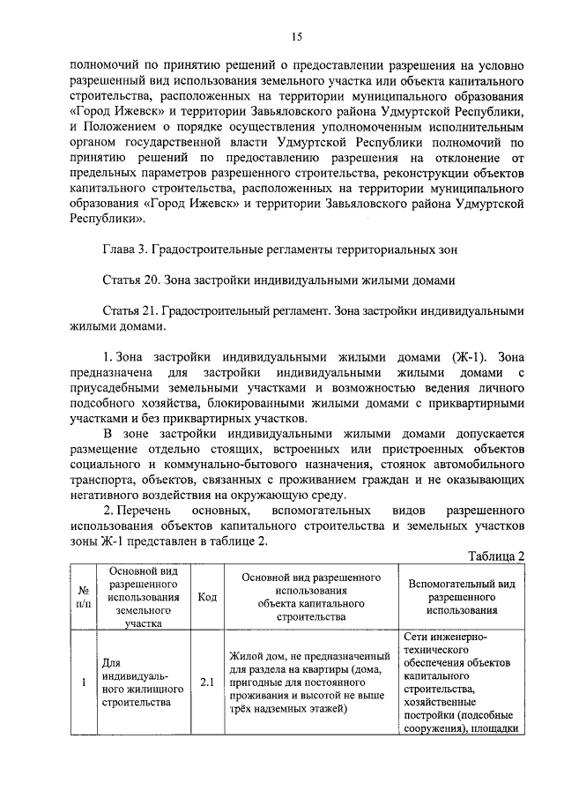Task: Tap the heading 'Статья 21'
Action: click(130, 311)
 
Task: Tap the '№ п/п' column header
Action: click(82, 597)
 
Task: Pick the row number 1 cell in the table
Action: click(82, 682)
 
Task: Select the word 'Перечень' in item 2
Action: click(142, 511)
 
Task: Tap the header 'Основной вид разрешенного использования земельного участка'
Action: click(142, 597)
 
